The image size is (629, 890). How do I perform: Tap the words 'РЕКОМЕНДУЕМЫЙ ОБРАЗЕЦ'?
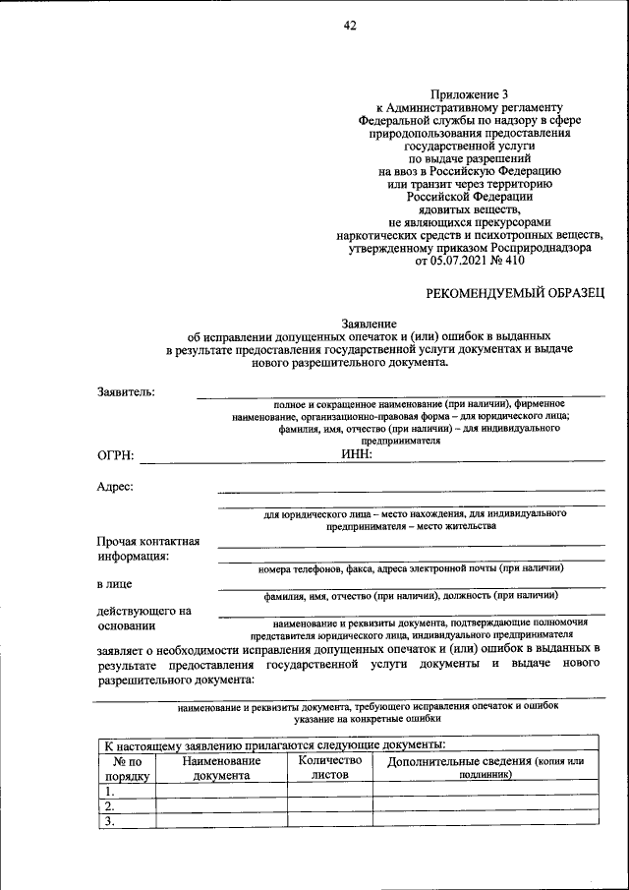514,292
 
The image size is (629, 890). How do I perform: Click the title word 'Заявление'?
369,323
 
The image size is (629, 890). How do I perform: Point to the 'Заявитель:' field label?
127,392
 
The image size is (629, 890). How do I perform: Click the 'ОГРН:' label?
116,455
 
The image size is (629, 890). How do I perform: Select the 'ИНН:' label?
357,453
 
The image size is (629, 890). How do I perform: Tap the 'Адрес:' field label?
116,486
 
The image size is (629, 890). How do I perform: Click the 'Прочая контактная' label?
148,541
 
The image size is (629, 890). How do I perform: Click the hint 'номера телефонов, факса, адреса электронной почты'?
411,568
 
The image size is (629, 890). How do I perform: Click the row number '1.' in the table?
111,791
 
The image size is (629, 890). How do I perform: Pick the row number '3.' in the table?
111,822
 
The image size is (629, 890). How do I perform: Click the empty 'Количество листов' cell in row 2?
330,806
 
